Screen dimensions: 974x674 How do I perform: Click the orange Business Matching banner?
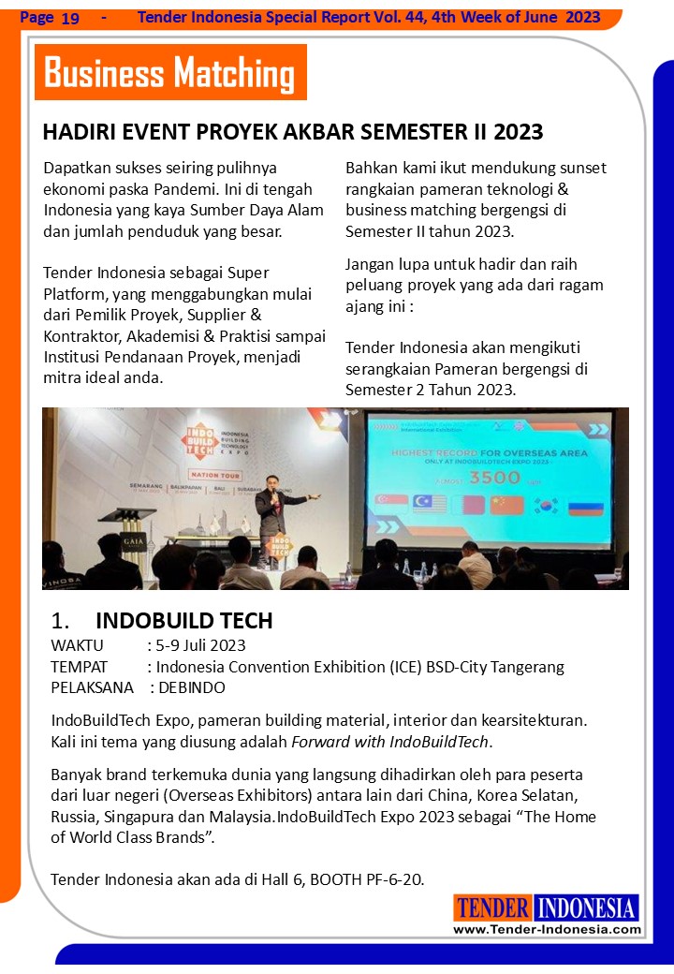[x=170, y=72]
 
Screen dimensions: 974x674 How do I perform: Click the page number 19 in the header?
[x=69, y=18]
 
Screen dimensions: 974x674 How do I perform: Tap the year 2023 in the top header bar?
[x=583, y=17]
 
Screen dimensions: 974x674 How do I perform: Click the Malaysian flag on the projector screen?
[x=424, y=506]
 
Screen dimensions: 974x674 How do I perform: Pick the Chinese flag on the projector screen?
[x=506, y=506]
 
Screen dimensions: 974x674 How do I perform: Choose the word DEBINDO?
[x=192, y=687]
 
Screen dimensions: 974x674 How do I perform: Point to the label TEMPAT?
[x=79, y=667]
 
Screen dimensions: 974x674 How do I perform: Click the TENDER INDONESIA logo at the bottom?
[x=547, y=907]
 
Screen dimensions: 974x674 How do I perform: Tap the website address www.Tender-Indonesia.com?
[x=548, y=929]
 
